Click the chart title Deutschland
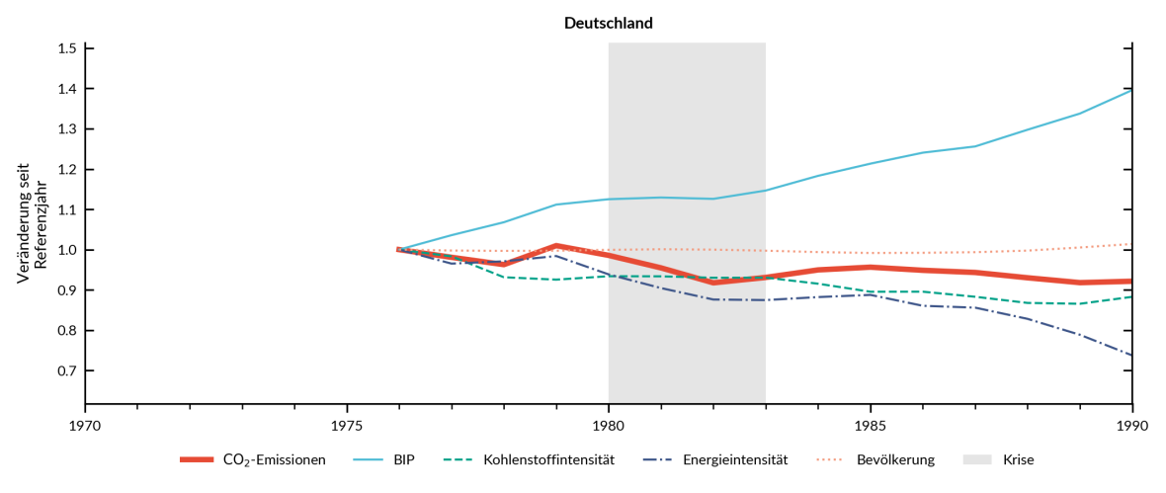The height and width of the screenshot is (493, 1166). click(609, 23)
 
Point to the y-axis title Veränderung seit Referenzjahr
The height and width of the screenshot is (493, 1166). click(32, 224)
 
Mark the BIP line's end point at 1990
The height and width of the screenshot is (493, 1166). click(1131, 90)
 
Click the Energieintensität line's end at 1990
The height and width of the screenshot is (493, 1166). click(1131, 355)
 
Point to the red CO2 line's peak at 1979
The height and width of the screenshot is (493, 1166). click(556, 245)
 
